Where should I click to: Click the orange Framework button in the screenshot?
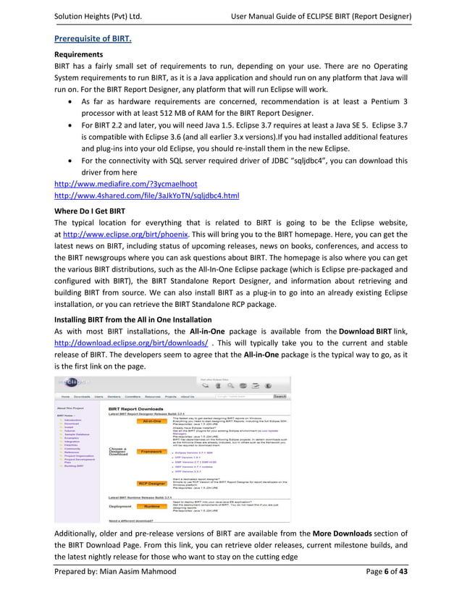(151, 451)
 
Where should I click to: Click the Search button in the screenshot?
(280, 396)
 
